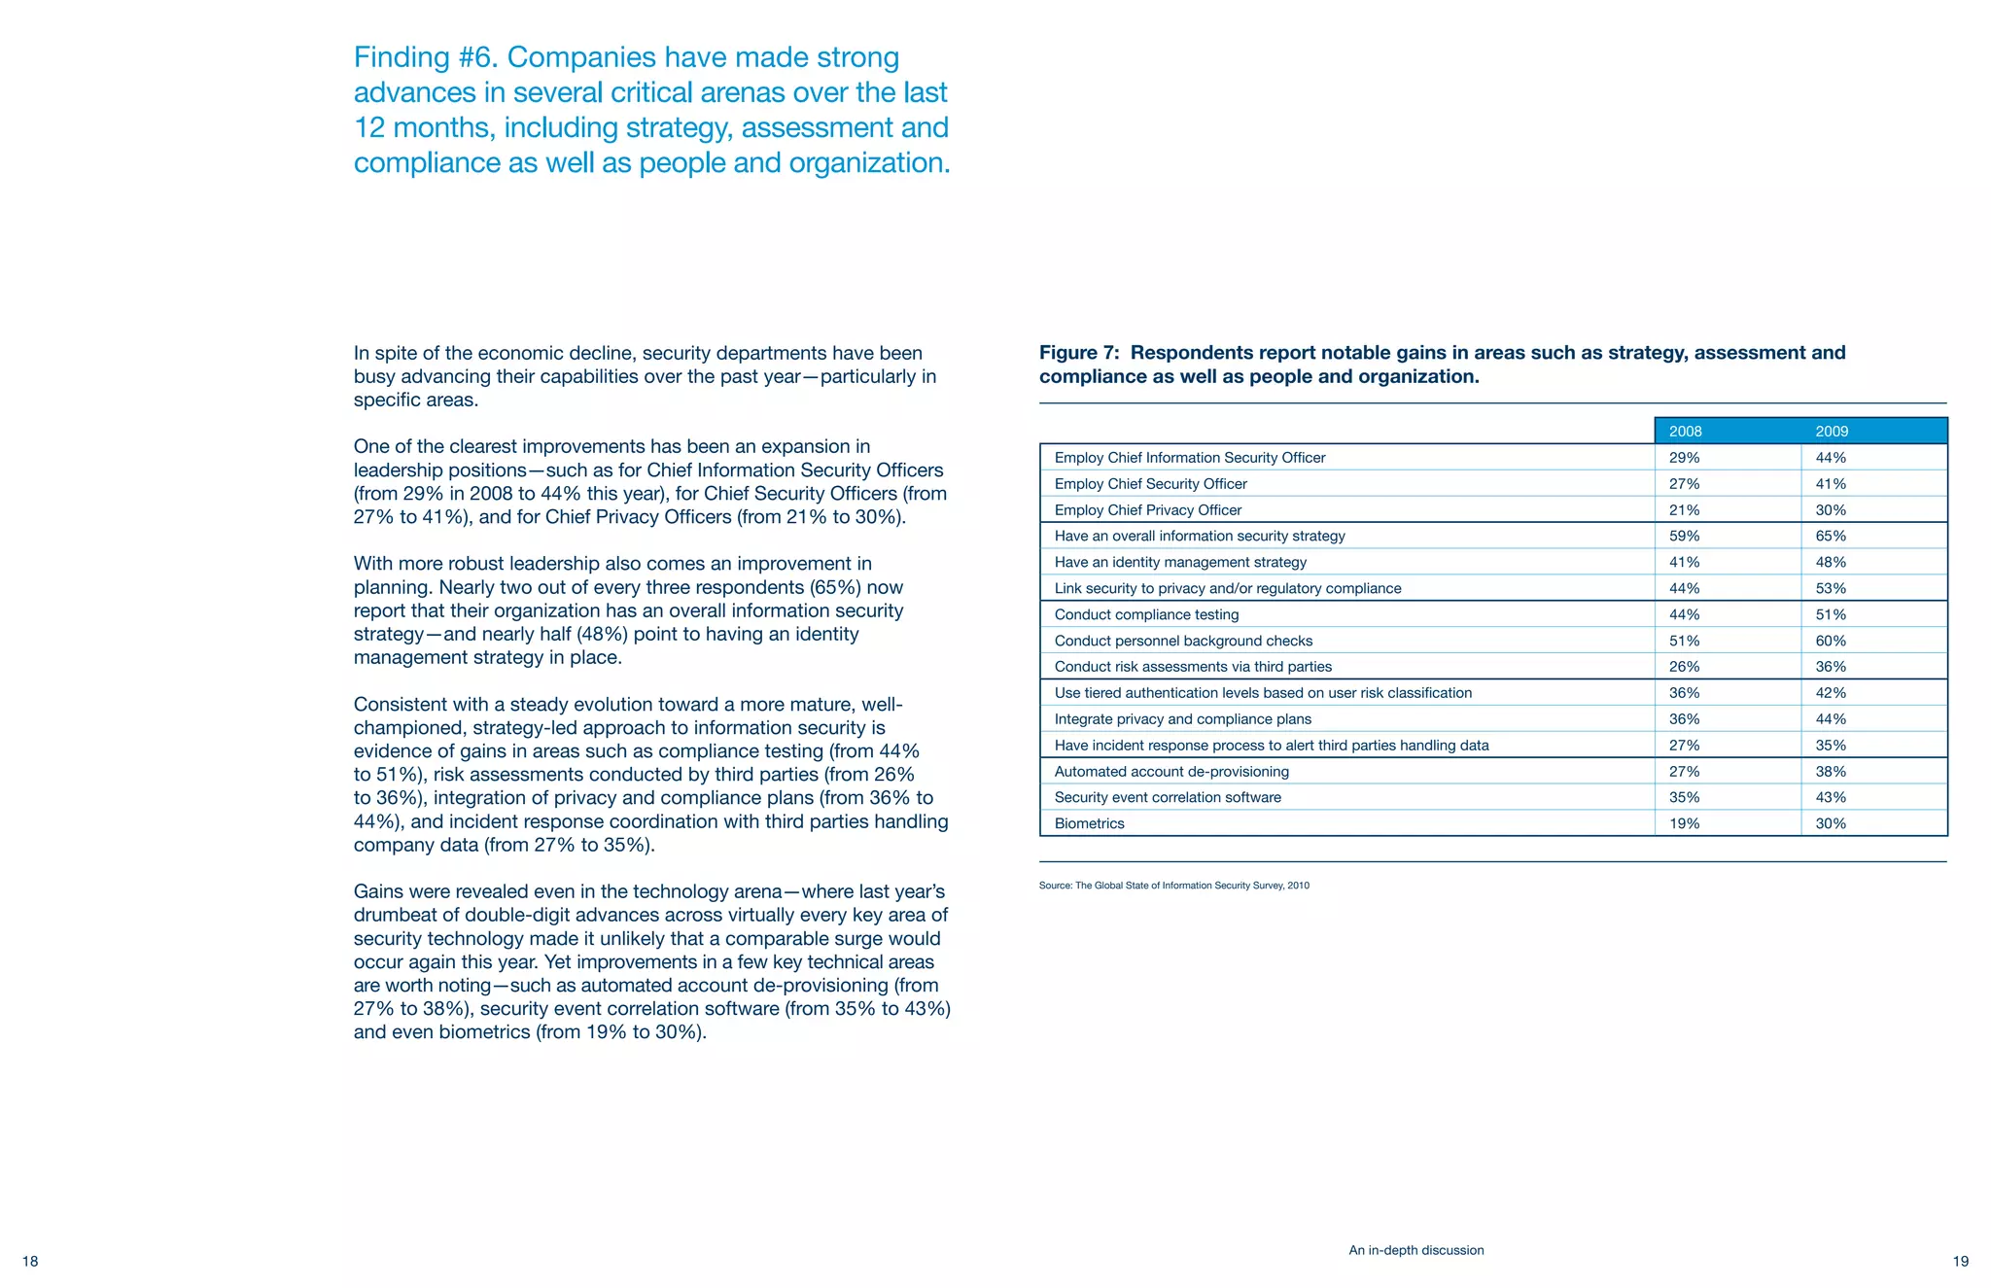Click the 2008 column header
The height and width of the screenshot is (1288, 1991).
tap(1685, 431)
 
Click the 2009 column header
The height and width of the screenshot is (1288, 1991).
tap(1832, 431)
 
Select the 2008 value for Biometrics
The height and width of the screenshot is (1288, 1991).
tap(1684, 823)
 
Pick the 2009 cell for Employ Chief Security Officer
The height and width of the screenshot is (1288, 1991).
tap(1831, 483)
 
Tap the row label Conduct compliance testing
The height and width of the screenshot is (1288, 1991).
tap(1146, 614)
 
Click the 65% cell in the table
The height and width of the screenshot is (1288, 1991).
tap(1831, 536)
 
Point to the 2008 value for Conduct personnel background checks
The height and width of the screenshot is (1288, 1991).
tap(1684, 641)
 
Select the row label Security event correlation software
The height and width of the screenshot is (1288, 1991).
tap(1167, 797)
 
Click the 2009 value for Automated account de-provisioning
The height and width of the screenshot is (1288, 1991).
tap(1831, 771)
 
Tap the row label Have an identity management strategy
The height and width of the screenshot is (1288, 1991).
tap(1180, 562)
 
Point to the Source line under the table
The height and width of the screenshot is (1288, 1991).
tap(1173, 886)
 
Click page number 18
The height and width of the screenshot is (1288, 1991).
tap(30, 1261)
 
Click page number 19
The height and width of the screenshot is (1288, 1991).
tap(1960, 1261)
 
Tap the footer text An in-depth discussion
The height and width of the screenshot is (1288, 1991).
tap(1415, 1250)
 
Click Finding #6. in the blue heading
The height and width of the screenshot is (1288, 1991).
tap(426, 57)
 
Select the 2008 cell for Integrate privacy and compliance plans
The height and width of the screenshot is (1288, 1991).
tap(1684, 718)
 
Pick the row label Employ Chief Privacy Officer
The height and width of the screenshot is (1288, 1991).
tap(1147, 509)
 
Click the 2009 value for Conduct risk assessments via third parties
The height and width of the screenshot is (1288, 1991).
tap(1831, 667)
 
